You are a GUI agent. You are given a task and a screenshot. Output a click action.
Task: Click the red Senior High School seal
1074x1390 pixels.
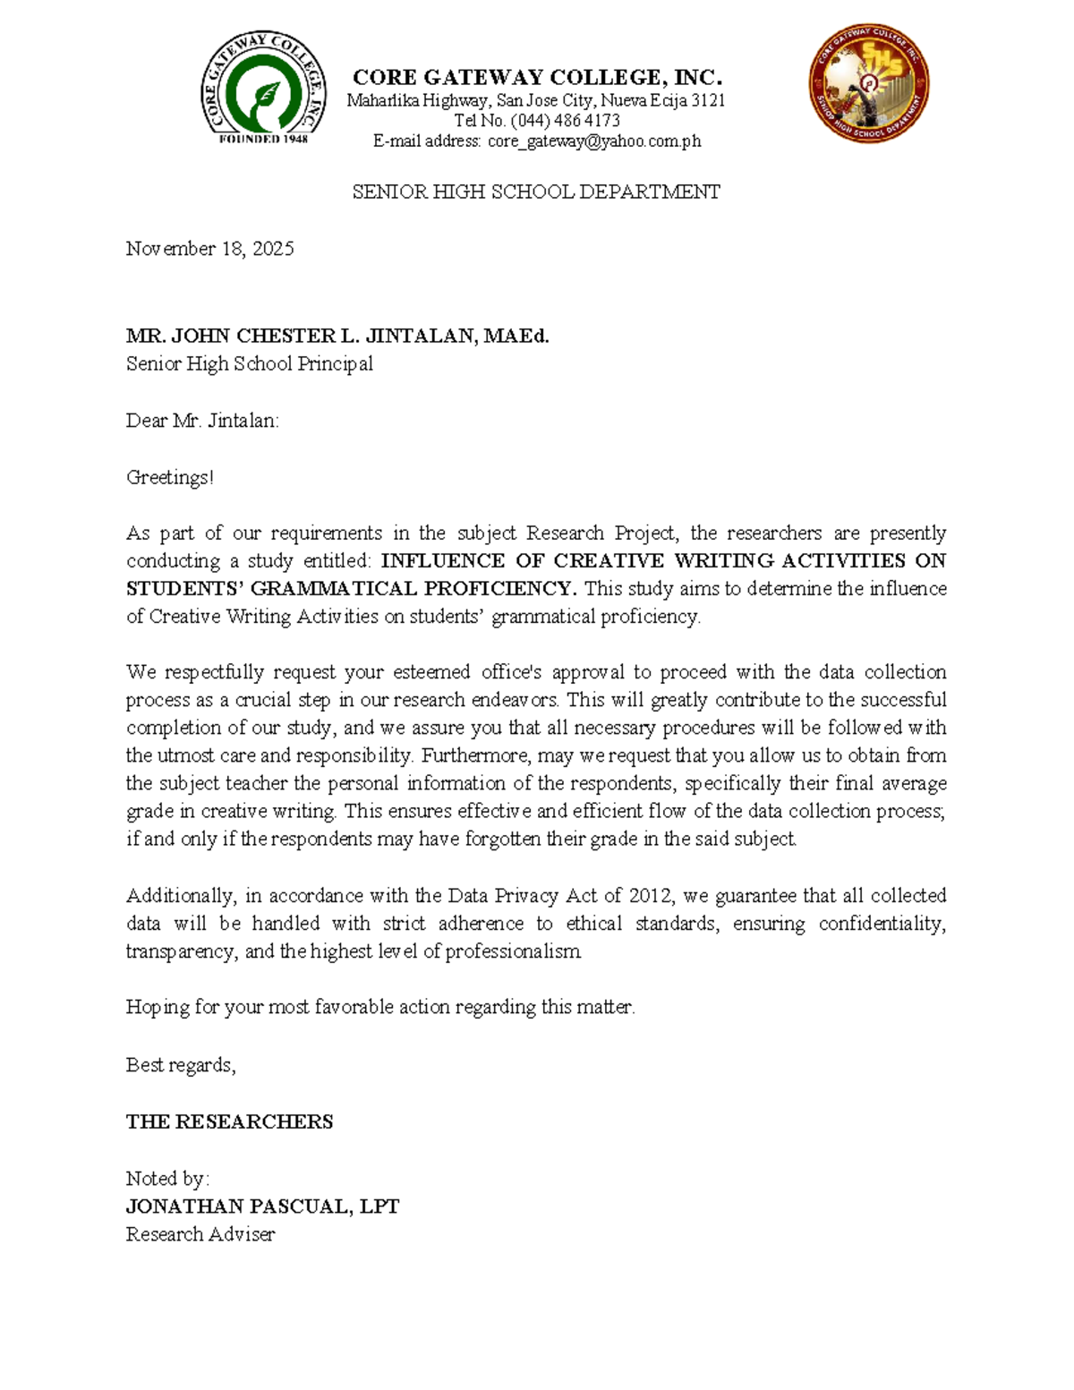pos(868,85)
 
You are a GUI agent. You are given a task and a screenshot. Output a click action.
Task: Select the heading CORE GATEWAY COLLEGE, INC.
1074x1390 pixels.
pos(537,77)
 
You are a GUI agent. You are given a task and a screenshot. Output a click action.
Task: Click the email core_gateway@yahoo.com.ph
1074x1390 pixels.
pos(594,141)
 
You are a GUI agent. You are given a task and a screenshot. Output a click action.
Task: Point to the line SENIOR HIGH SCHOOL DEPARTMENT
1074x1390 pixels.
pos(536,192)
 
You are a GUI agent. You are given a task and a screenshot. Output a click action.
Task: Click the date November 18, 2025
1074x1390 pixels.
pos(209,249)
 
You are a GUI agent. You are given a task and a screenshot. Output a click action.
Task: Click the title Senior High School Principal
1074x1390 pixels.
pos(249,364)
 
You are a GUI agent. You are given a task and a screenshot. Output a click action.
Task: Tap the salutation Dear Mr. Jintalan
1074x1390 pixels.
pos(202,421)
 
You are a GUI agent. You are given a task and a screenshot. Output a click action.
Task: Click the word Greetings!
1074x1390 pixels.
pos(170,478)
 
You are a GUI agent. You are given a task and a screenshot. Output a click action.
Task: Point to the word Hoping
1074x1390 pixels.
pos(158,1008)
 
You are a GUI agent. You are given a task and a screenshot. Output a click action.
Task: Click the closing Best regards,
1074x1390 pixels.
pos(181,1065)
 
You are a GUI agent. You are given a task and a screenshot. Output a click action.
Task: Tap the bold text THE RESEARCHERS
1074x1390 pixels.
pos(229,1122)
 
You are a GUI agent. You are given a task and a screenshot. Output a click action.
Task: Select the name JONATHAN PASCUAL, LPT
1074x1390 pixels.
pos(262,1207)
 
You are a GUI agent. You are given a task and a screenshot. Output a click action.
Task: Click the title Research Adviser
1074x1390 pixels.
pos(200,1235)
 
